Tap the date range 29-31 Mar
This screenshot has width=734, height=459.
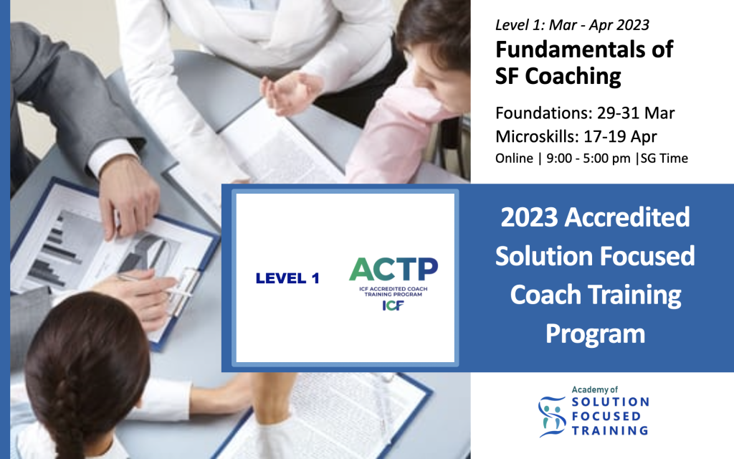pyautogui.click(x=636, y=113)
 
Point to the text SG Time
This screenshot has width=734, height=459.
pyautogui.click(x=664, y=158)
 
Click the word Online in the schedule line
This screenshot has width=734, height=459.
pyautogui.click(x=514, y=158)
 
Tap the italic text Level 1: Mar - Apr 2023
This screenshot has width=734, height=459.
pyautogui.click(x=572, y=25)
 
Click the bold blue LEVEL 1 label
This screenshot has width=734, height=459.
pyautogui.click(x=287, y=278)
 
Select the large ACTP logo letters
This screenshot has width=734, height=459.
pyautogui.click(x=394, y=269)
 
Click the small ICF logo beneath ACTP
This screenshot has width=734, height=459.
pyautogui.click(x=394, y=306)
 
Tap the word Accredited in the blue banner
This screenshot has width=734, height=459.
pyautogui.click(x=627, y=217)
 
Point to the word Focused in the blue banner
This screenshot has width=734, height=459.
pyautogui.click(x=647, y=256)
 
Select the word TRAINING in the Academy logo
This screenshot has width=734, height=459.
pyautogui.click(x=610, y=430)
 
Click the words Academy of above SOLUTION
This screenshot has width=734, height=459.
pyautogui.click(x=594, y=389)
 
